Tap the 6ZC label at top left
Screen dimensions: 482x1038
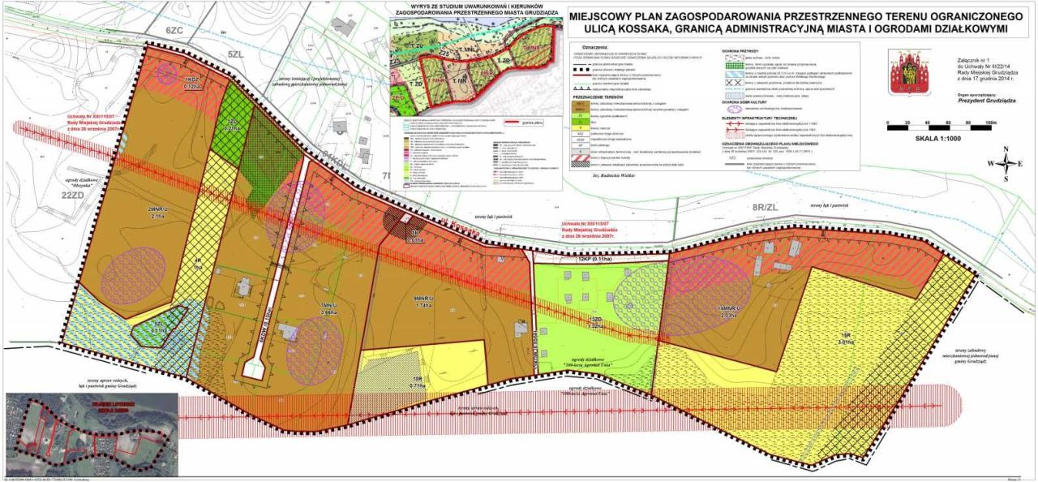tap(174, 30)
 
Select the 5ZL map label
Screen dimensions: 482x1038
tap(236, 54)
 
